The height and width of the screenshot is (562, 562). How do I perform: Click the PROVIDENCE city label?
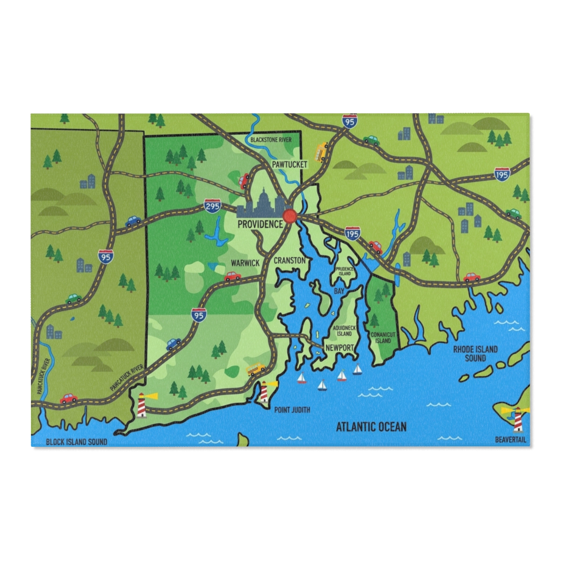tap(260, 224)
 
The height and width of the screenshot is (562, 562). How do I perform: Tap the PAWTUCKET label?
tap(290, 164)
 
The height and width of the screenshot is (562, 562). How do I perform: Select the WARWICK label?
tap(245, 263)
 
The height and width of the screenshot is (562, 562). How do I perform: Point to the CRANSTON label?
tap(289, 260)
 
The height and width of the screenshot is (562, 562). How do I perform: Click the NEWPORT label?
tap(339, 348)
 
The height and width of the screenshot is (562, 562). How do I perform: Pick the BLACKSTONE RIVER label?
tap(271, 140)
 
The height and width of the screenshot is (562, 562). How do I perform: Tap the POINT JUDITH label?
tap(292, 410)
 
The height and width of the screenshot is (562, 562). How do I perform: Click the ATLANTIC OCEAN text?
tap(371, 427)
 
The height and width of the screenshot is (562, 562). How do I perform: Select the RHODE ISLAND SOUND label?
tap(475, 354)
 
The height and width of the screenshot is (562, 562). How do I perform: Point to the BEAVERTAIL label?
tap(510, 440)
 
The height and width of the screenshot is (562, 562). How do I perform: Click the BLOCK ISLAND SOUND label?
tap(76, 442)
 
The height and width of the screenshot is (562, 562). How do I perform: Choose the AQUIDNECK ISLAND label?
tap(344, 331)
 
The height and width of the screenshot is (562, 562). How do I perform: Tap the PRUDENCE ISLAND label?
tap(345, 271)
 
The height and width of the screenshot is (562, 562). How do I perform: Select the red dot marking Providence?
tap(290, 216)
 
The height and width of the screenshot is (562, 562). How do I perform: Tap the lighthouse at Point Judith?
tap(265, 391)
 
